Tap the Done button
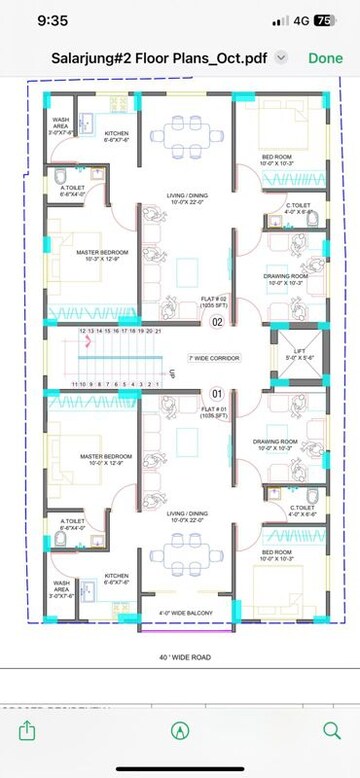[325, 58]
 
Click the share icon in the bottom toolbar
[27, 730]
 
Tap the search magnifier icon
[331, 730]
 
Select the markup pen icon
[180, 730]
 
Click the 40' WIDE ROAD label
[180, 657]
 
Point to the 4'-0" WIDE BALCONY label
[181, 613]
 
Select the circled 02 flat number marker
[217, 322]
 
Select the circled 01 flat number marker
[217, 394]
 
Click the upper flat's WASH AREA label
[62, 124]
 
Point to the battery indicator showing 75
[324, 20]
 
